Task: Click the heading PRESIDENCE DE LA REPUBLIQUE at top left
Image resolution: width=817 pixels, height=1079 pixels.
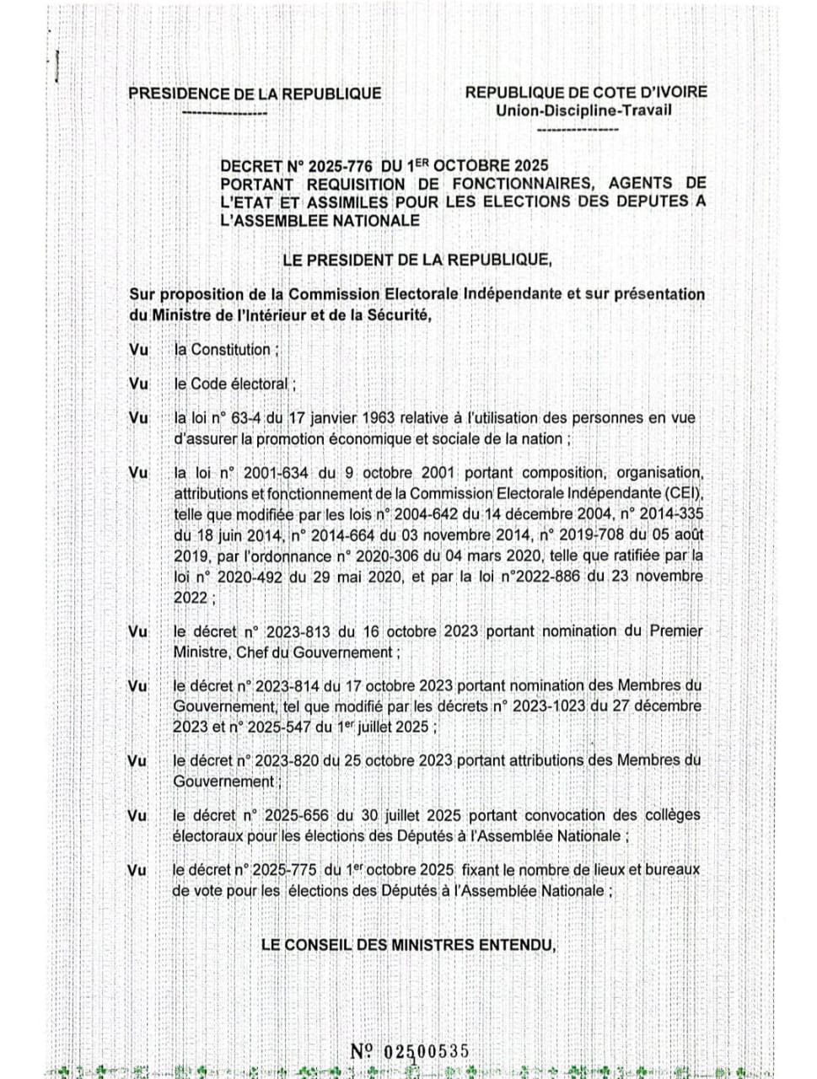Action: click(x=254, y=94)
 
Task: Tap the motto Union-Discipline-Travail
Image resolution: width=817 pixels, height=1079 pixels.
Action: click(x=584, y=110)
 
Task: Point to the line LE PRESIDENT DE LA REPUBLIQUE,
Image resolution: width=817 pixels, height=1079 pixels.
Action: click(x=417, y=260)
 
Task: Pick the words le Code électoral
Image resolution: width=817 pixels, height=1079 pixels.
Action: click(x=231, y=384)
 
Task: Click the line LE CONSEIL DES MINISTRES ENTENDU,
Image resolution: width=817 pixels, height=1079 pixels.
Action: click(x=409, y=946)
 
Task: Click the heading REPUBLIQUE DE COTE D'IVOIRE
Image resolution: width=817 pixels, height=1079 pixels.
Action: click(x=586, y=93)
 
